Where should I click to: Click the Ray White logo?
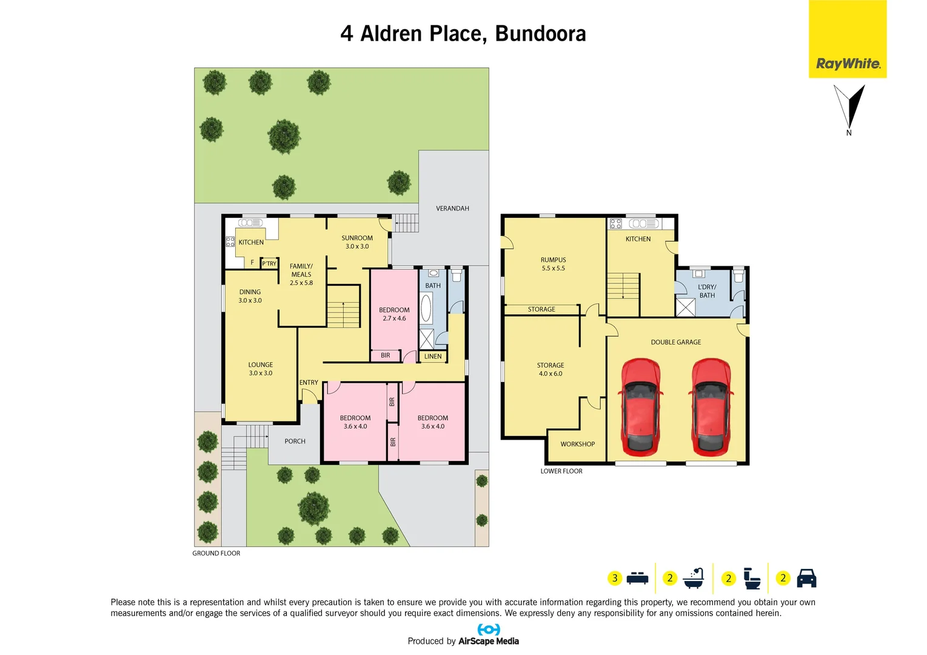tap(848, 63)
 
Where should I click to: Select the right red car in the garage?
tap(711, 406)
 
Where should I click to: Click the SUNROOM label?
tap(357, 238)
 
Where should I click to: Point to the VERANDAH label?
tap(452, 209)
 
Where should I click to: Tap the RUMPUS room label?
tap(553, 260)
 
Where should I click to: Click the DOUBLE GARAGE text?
tap(675, 342)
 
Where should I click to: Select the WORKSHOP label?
tap(577, 444)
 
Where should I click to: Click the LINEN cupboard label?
tap(433, 357)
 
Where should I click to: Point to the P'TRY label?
tap(269, 264)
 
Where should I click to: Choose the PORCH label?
tap(295, 442)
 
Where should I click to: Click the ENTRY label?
tap(309, 383)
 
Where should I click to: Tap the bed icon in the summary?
tap(637, 578)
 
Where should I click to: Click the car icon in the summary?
tap(806, 578)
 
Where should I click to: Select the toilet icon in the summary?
tap(752, 578)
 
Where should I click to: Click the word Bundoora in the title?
tap(540, 33)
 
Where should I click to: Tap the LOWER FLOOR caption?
tap(561, 471)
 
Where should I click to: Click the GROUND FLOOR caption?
tap(216, 553)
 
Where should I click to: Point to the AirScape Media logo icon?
tap(489, 630)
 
